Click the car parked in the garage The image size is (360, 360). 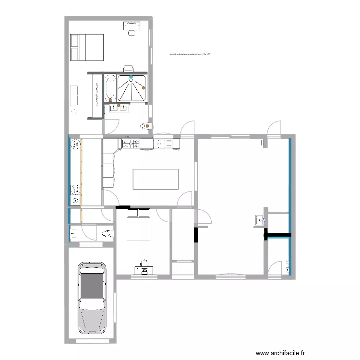coord(92,297)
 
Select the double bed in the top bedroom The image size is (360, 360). coord(87,47)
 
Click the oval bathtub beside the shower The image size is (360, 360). coord(110,88)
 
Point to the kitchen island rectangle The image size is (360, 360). coord(156,179)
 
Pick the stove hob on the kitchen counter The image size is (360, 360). coord(130,143)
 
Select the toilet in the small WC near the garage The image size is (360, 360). coord(108,234)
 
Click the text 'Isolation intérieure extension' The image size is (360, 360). coord(190,55)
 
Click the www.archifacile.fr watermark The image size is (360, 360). coord(280,353)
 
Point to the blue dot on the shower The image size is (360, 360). coord(131,76)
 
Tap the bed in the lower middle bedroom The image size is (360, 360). coord(138,224)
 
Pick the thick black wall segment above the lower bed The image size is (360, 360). coord(122,208)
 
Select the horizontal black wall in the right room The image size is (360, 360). coord(279,235)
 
